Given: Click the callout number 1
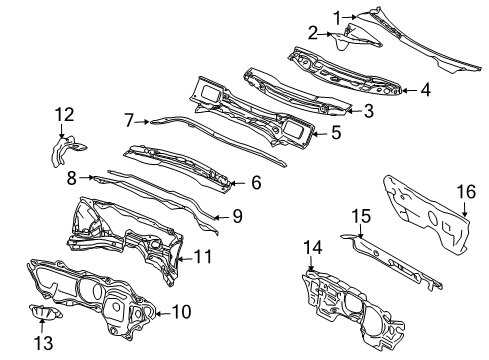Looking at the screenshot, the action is pos(338,17).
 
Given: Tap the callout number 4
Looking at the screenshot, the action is pos(425,90).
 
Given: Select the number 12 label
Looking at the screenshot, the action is pos(64,114).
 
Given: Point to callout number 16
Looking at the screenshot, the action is pos(466,192).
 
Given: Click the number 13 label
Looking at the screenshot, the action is pos(44,342).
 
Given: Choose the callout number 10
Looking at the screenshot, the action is pos(182,312).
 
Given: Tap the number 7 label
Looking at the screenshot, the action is pos(129,120).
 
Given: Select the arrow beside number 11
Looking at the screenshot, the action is pos(184,258).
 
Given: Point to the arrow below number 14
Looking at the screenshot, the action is pos(311,264).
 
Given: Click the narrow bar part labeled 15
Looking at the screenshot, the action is pos(393,261).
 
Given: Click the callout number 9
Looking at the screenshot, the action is pos(237,216).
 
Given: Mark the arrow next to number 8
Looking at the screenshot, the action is pos(86,178).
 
